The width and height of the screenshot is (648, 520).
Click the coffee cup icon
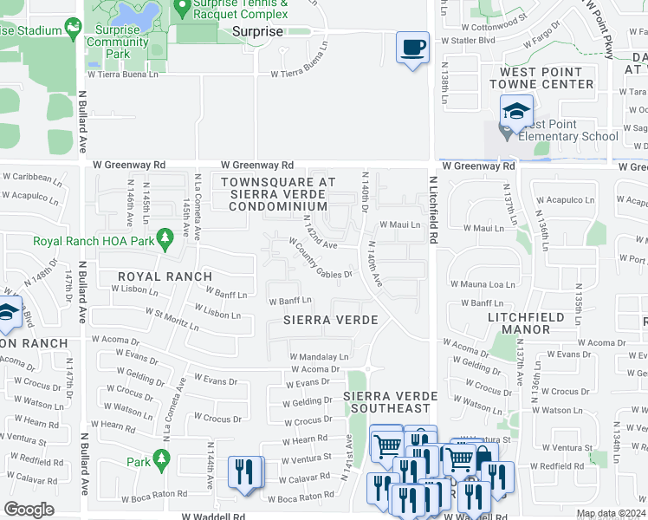(413, 46)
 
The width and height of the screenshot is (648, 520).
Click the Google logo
(29, 510)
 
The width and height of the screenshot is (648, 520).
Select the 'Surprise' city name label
(257, 31)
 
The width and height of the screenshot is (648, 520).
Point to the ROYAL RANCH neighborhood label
(165, 276)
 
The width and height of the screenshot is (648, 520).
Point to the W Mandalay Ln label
(319, 356)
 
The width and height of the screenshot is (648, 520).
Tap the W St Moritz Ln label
(172, 318)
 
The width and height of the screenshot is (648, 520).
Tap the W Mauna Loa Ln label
(482, 283)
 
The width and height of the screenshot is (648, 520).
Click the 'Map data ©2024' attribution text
(609, 514)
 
